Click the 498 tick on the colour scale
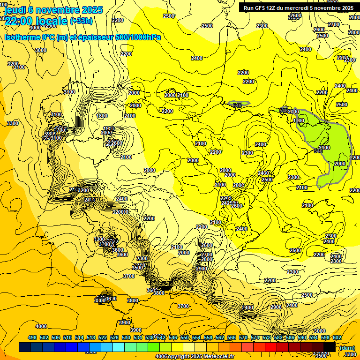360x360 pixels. pos(32,337)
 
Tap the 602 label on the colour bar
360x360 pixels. pos(337,337)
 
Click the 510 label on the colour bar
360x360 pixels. pos(67,337)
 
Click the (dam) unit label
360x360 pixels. pos(347,347)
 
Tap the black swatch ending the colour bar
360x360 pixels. pos(330,347)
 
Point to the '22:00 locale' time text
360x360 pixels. pos(36,21)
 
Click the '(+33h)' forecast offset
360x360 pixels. pos(81,21)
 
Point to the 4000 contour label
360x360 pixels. pos(41,326)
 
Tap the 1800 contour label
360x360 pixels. pos(102,116)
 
